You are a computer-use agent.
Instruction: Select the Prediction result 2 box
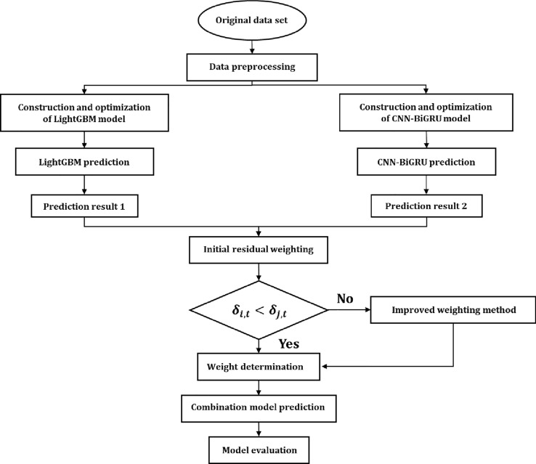[417, 208]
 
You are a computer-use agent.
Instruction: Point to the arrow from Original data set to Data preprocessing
[251, 46]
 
